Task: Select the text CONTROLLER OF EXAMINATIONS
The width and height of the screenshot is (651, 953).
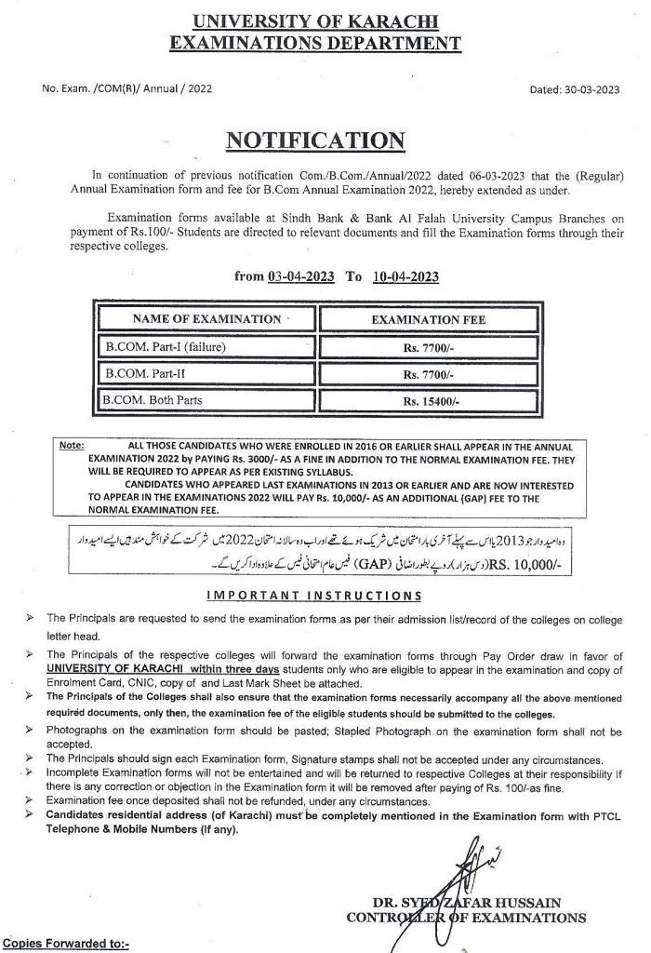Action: (x=465, y=918)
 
